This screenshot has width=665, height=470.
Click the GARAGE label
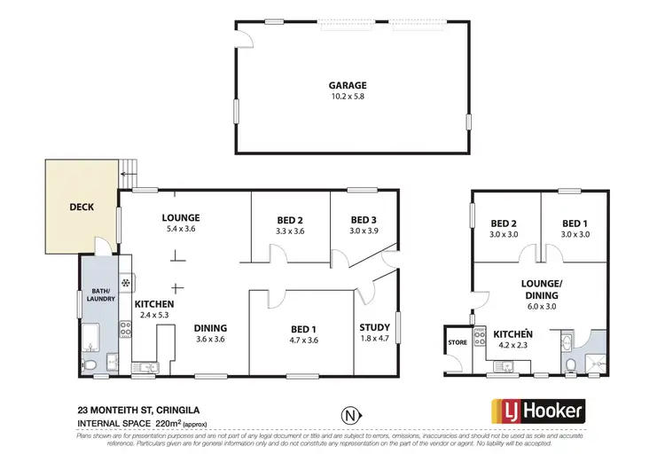click(x=348, y=86)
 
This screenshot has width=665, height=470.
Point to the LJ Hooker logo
click(x=538, y=411)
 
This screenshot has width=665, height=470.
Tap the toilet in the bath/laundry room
click(x=91, y=365)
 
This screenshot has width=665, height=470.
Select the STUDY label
click(x=376, y=326)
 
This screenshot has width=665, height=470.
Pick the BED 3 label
click(x=364, y=220)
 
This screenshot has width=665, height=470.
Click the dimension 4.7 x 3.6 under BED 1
click(x=303, y=340)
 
